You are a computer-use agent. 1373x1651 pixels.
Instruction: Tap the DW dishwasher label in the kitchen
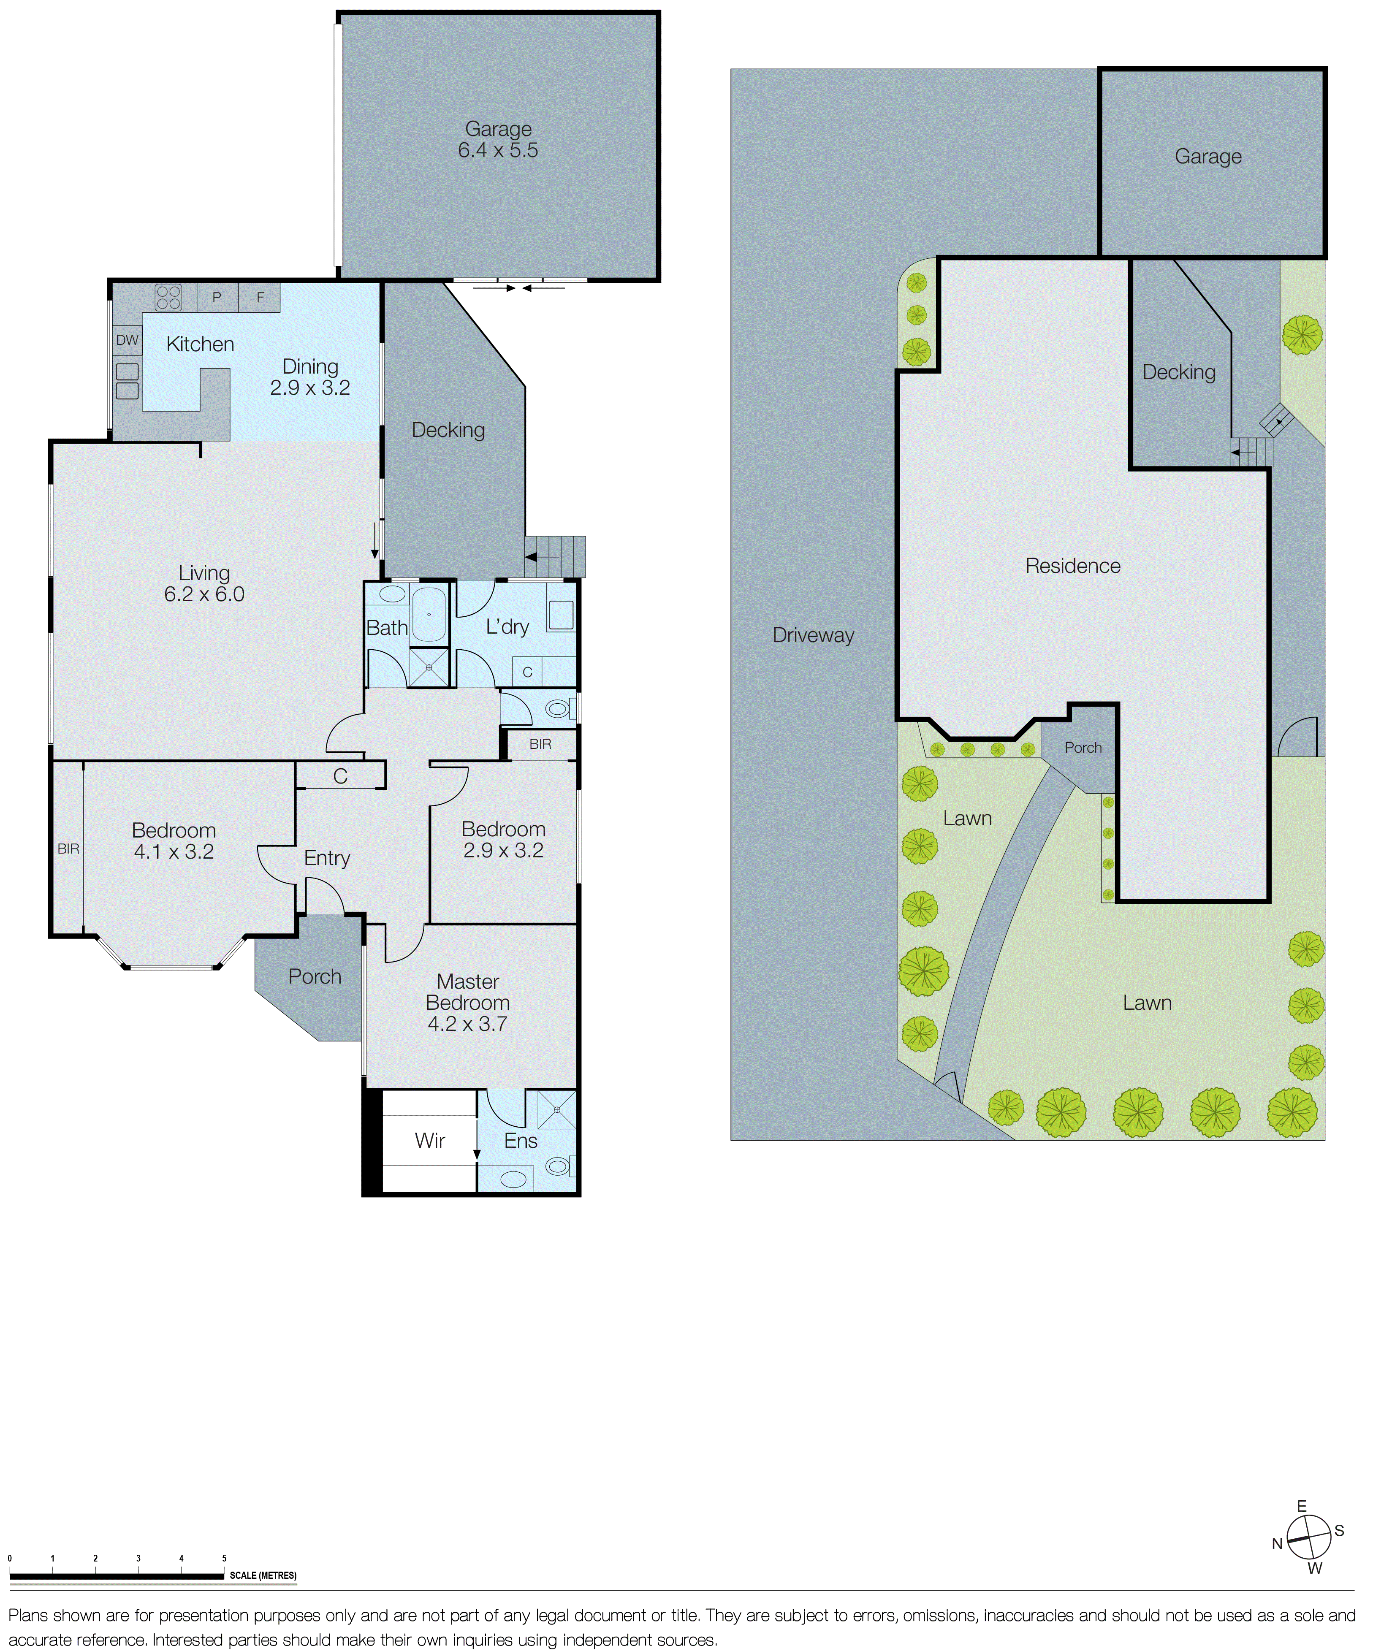click(128, 340)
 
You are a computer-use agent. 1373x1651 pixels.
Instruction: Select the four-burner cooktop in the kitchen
click(168, 297)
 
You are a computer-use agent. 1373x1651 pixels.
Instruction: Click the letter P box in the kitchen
click(217, 297)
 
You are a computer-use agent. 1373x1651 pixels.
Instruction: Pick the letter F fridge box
click(260, 297)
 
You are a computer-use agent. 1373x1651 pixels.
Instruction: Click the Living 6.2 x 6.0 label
click(204, 583)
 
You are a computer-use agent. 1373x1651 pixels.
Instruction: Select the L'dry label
click(507, 626)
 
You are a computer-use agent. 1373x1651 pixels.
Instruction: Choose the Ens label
click(521, 1141)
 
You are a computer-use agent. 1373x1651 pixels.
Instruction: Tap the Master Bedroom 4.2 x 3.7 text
click(468, 1003)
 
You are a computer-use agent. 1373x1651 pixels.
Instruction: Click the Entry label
click(327, 858)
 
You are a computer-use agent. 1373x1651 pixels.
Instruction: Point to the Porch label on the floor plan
click(315, 976)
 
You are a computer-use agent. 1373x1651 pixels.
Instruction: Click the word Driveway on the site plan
click(813, 635)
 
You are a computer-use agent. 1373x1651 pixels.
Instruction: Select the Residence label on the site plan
click(1073, 566)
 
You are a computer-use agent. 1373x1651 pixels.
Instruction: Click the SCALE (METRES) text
click(263, 1575)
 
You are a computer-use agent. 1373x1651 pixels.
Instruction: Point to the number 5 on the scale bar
click(224, 1558)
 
